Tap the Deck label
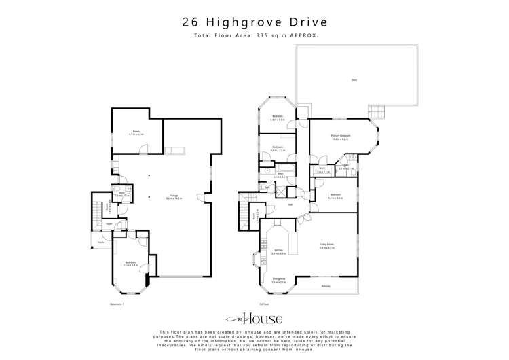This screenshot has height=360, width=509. (x=354, y=80)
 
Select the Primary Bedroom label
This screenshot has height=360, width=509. (x=341, y=137)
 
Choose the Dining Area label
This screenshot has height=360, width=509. (x=278, y=278)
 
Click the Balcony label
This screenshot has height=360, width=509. (x=326, y=286)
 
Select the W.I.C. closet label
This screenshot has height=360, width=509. (x=322, y=170)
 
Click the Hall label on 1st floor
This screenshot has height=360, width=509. (x=290, y=204)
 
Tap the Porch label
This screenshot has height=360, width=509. (x=100, y=242)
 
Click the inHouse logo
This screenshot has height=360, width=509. (x=254, y=319)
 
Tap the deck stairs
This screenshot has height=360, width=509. (x=377, y=111)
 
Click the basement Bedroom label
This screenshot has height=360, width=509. (x=130, y=263)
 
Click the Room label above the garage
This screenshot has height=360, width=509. (x=136, y=132)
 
